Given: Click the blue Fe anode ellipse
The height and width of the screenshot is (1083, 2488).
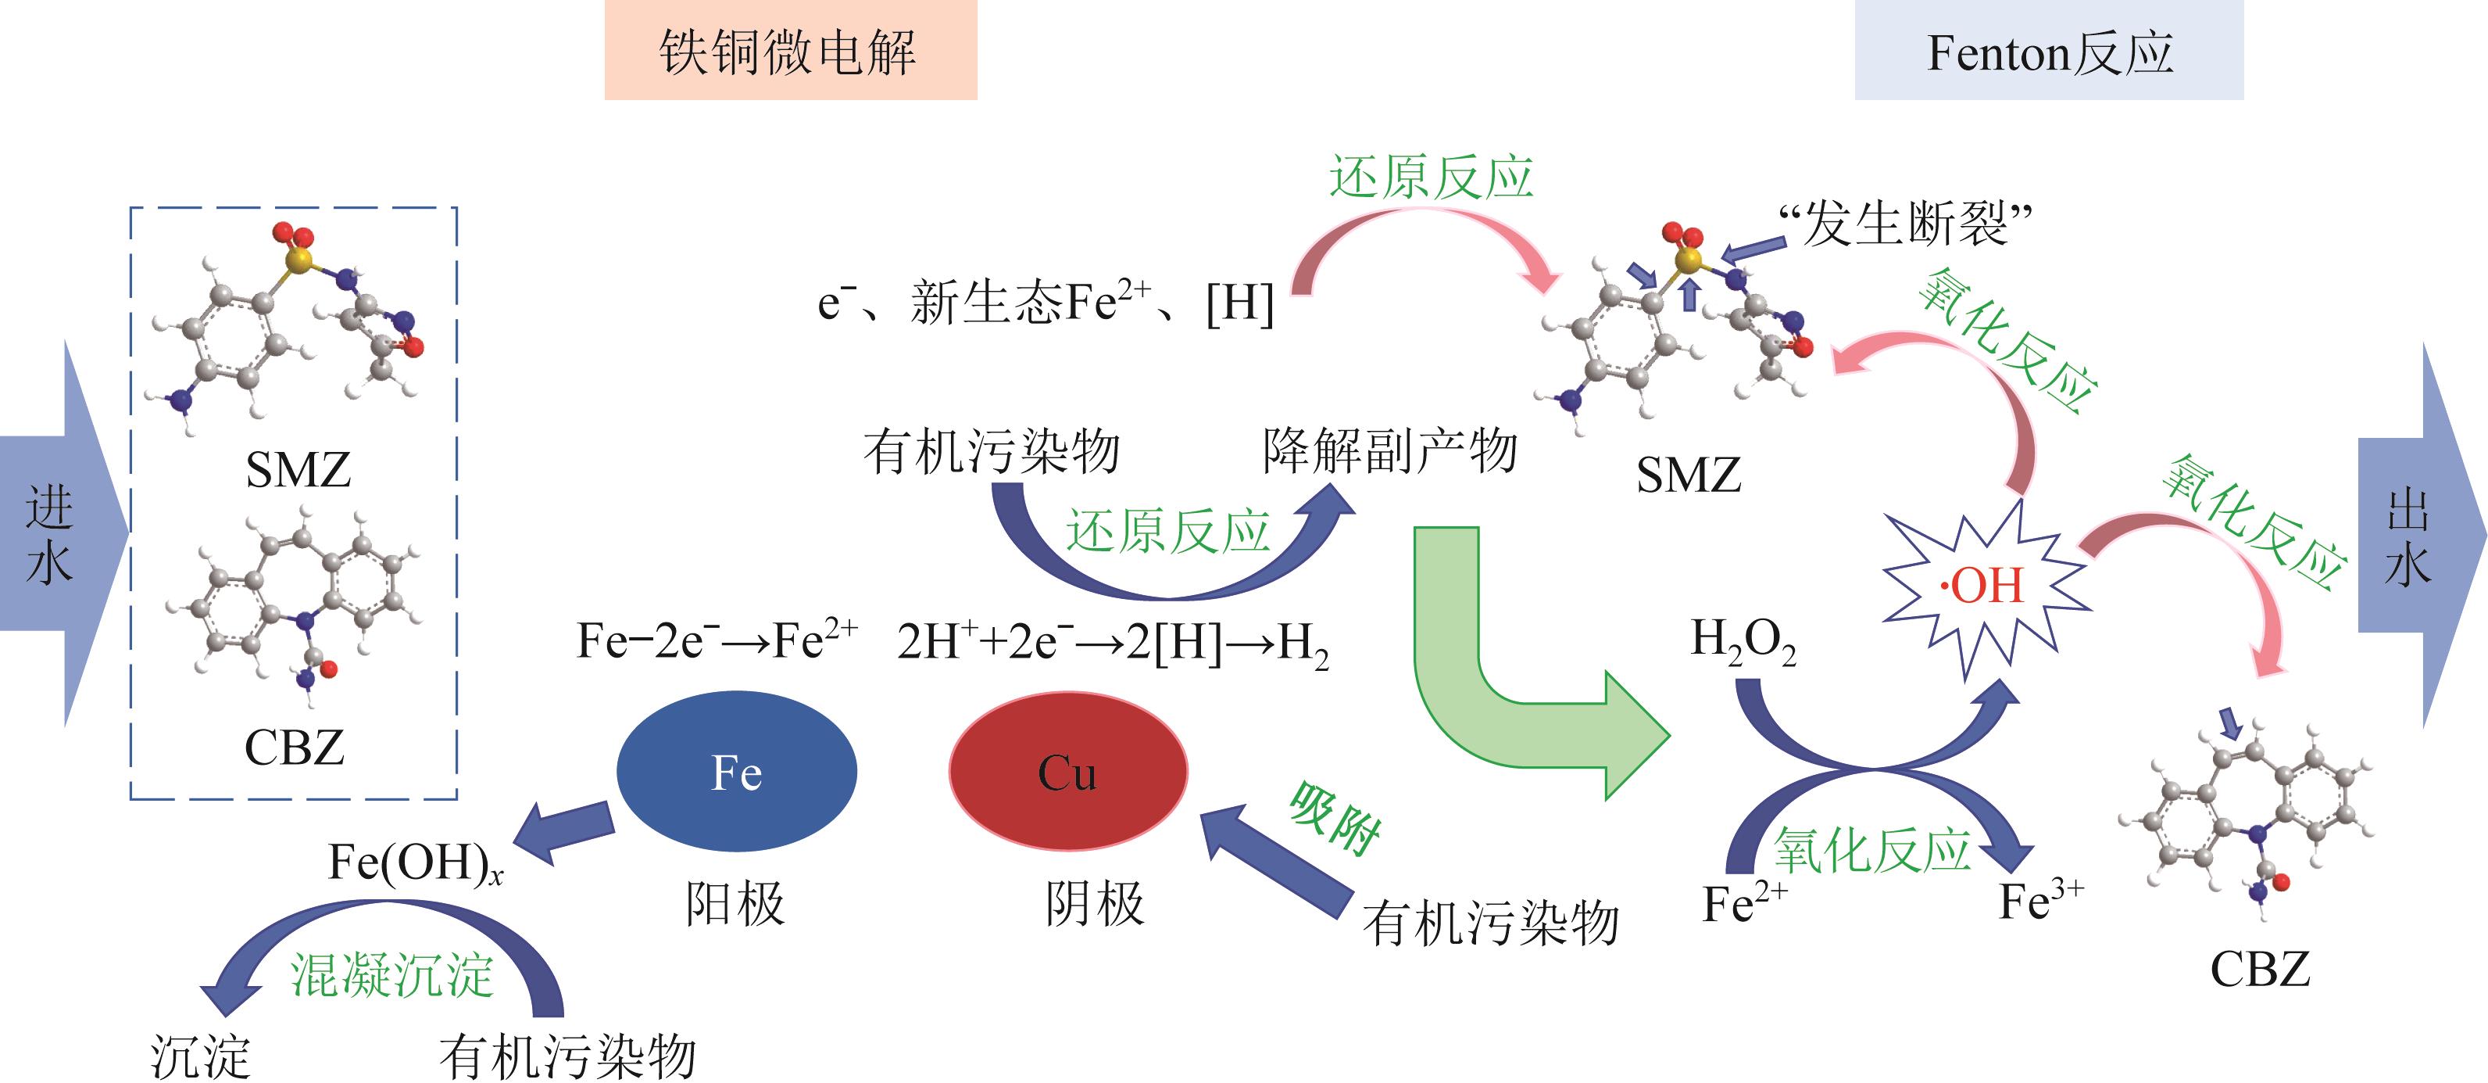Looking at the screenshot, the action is click(x=736, y=771).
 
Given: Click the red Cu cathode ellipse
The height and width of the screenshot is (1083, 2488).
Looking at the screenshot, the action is click(x=1068, y=771).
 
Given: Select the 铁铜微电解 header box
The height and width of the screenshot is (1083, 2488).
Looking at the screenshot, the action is click(x=790, y=50).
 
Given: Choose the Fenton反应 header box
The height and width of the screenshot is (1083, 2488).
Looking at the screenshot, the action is click(x=2049, y=50).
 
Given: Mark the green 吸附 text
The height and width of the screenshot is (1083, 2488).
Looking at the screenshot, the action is click(x=1335, y=819).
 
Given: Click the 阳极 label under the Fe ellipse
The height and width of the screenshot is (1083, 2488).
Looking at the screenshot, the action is click(x=735, y=904).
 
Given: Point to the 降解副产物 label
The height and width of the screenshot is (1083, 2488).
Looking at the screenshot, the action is click(x=1390, y=451).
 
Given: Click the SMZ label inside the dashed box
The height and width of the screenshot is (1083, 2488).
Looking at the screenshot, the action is click(x=298, y=471).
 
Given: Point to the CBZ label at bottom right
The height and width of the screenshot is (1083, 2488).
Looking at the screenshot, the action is click(x=2260, y=969).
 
